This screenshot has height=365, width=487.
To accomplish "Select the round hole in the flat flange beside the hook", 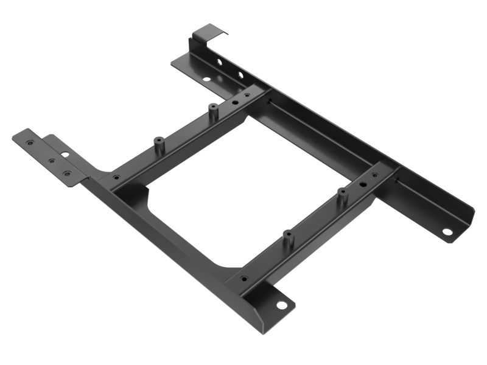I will (207, 79).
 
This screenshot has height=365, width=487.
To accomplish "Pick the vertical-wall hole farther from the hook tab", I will (240, 75).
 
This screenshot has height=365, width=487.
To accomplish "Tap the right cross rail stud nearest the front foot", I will (289, 235).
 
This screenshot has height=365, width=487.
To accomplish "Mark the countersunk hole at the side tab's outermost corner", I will (29, 142).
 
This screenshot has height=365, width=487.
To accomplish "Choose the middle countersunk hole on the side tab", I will (51, 161).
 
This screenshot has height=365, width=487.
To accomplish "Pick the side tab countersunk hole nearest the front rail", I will (67, 175).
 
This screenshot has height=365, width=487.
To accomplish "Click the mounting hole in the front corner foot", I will (281, 305).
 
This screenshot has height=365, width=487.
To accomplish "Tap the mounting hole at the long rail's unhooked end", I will (447, 232).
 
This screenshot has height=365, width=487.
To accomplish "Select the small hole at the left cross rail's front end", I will (116, 178).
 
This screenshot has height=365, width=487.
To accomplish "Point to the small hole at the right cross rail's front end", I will (244, 279).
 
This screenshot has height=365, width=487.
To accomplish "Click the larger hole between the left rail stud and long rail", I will (236, 103).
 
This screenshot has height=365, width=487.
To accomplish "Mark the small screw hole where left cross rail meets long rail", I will (247, 96).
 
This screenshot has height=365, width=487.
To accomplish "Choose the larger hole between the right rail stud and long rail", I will (363, 183).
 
